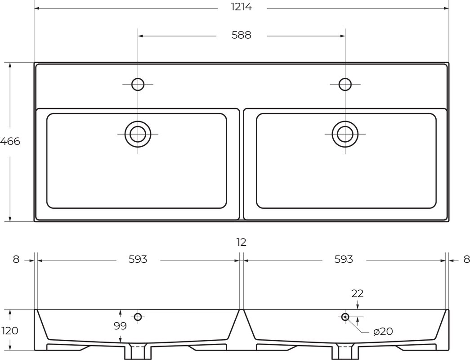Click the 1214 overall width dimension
coord(241,7)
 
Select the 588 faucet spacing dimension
coord(241,35)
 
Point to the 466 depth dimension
coord(10,141)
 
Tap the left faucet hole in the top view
coord(138,84)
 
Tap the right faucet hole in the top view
coord(345,84)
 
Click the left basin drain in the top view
coord(138,134)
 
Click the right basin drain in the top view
coord(345,134)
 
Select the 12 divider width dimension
coord(241,242)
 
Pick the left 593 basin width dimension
coord(138,259)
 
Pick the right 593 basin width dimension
coord(344,259)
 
